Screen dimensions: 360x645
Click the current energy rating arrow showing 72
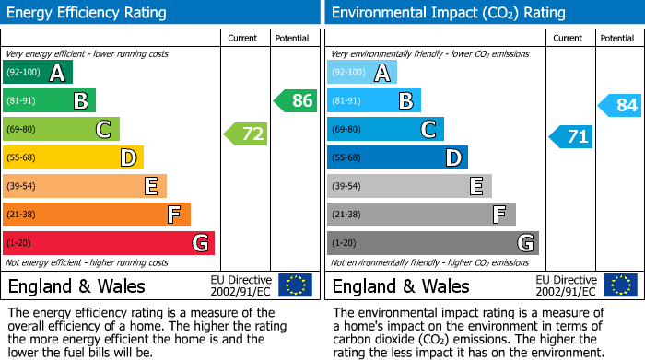[x=246, y=134]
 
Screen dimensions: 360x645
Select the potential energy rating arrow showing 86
[x=296, y=100]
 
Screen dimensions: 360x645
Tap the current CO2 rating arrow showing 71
[x=571, y=137]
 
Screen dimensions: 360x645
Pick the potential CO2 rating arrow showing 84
[x=620, y=105]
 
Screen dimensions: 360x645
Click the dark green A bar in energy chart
[x=38, y=73]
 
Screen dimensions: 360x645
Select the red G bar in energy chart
[x=109, y=243]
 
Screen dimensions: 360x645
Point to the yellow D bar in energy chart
[x=74, y=157]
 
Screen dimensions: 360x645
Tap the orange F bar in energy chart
[x=97, y=215]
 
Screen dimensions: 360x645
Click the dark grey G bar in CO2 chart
[x=432, y=243]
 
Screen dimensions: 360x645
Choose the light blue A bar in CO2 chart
[x=362, y=73]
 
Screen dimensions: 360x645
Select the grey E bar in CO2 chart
[x=409, y=186]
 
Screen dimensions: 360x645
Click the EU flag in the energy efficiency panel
[x=295, y=285]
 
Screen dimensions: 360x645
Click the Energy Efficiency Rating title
[x=88, y=13]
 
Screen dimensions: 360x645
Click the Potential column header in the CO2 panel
[x=617, y=38]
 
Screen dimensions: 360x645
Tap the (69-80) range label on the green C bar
[x=22, y=130]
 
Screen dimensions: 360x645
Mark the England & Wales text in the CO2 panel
[x=401, y=285]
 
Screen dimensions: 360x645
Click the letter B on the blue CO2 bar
[x=405, y=101]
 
